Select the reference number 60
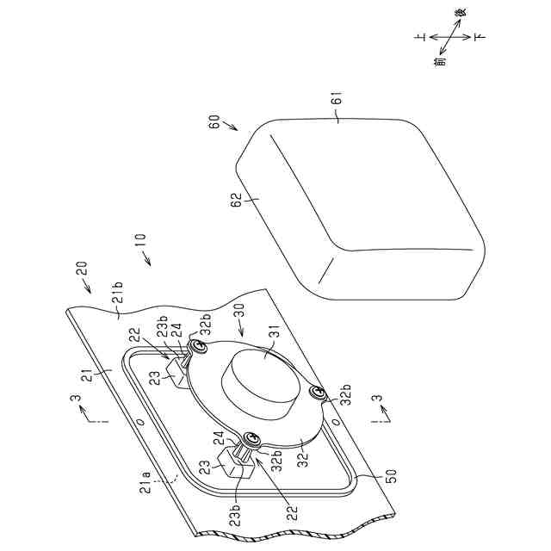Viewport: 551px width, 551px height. tap(215, 121)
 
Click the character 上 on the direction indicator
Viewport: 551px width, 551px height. tap(419, 38)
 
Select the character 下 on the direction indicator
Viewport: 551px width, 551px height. tap(479, 37)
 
